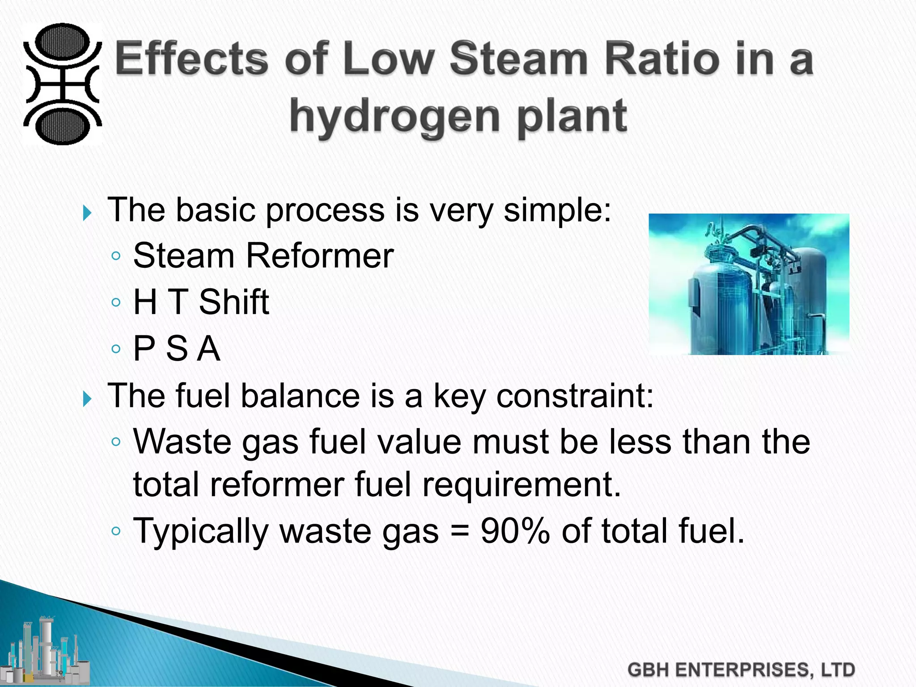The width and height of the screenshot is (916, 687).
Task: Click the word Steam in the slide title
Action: click(518, 59)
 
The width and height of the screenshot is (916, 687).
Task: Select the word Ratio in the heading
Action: click(666, 59)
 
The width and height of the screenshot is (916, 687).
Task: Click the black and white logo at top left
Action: click(62, 84)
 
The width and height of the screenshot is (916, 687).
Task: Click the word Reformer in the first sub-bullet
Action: click(319, 255)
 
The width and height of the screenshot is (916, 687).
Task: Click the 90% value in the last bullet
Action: click(515, 531)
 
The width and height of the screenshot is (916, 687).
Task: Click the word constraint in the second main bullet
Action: click(574, 396)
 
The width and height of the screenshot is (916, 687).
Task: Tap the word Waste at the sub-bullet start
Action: click(182, 441)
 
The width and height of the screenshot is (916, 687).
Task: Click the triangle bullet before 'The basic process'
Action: click(87, 213)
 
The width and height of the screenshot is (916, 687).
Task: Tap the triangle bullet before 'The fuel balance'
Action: click(87, 399)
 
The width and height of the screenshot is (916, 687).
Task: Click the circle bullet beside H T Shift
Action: click(116, 302)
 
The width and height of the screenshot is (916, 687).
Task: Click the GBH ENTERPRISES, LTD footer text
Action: click(741, 670)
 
